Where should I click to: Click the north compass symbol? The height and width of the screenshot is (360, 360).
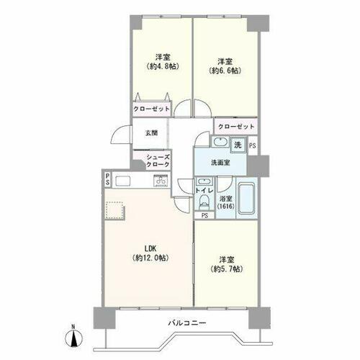[x=73, y=338]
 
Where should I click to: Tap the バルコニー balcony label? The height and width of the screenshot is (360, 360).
[x=187, y=323]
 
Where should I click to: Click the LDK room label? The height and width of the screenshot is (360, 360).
[x=150, y=248]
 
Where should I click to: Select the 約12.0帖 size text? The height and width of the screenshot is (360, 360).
[x=150, y=258]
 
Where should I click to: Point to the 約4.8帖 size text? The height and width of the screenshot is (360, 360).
[x=163, y=66]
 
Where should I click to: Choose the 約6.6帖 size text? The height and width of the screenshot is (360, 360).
[x=225, y=71]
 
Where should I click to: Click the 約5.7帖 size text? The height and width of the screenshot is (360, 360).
[x=227, y=269]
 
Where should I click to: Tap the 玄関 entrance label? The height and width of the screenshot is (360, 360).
[x=151, y=132]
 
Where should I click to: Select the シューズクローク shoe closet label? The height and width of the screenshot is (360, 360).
[x=158, y=161]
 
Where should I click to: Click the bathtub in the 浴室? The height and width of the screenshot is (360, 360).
[x=246, y=198]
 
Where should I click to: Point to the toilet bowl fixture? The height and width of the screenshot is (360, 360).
[x=204, y=200]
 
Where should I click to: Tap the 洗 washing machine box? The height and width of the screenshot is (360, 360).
[x=238, y=145]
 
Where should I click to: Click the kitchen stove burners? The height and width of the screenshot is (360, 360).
[x=161, y=180]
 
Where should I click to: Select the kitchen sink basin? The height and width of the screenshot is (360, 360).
[x=123, y=181]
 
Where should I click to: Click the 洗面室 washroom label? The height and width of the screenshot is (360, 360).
[x=220, y=163]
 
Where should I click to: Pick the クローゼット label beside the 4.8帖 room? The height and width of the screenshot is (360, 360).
[x=151, y=109]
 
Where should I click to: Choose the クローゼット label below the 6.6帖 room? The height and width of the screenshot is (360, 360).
[x=236, y=127]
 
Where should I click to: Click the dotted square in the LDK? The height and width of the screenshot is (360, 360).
[x=115, y=210]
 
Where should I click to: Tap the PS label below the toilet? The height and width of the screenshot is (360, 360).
[x=204, y=215]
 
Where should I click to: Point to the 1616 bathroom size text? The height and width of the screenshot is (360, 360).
[x=226, y=206]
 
